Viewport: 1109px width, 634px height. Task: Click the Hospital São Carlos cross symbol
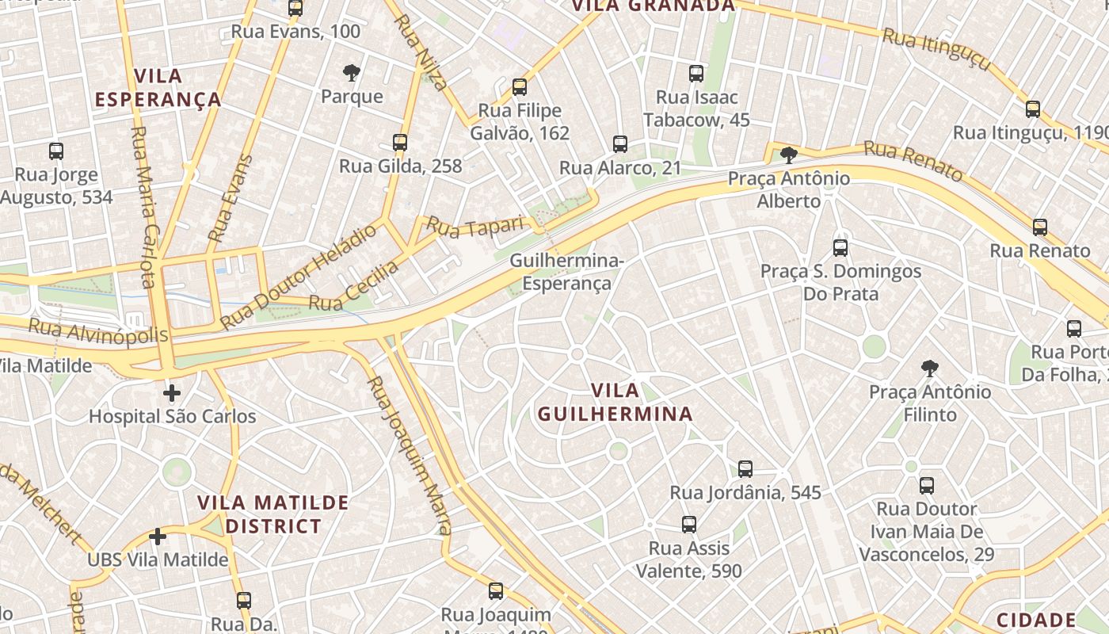(172, 393)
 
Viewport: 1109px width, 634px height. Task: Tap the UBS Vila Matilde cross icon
(158, 537)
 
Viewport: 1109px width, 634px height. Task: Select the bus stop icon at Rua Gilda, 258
(400, 143)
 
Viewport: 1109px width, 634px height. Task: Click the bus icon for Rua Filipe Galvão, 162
(520, 87)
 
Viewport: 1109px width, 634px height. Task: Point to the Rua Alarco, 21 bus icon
(620, 144)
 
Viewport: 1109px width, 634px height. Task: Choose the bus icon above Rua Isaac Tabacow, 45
(696, 74)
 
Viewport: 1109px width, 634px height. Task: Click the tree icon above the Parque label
(352, 74)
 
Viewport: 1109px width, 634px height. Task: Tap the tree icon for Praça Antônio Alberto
(788, 155)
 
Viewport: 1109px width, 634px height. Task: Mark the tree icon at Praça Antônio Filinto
(930, 368)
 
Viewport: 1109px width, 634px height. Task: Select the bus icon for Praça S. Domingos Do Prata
(840, 247)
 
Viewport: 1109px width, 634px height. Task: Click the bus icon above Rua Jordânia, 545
(745, 468)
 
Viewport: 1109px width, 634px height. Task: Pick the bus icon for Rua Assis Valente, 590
(689, 524)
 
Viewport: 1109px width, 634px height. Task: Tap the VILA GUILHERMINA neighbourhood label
(615, 402)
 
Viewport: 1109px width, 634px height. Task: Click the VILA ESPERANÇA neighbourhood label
(158, 88)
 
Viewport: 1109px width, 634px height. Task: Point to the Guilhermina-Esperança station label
(566, 272)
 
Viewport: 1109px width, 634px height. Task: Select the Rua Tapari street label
(475, 225)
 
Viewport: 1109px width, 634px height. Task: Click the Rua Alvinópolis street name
(98, 330)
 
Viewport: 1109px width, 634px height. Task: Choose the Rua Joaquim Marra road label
(410, 456)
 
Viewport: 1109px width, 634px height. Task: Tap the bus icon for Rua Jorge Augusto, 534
(56, 151)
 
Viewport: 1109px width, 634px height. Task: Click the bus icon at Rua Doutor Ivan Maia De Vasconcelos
(927, 485)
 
